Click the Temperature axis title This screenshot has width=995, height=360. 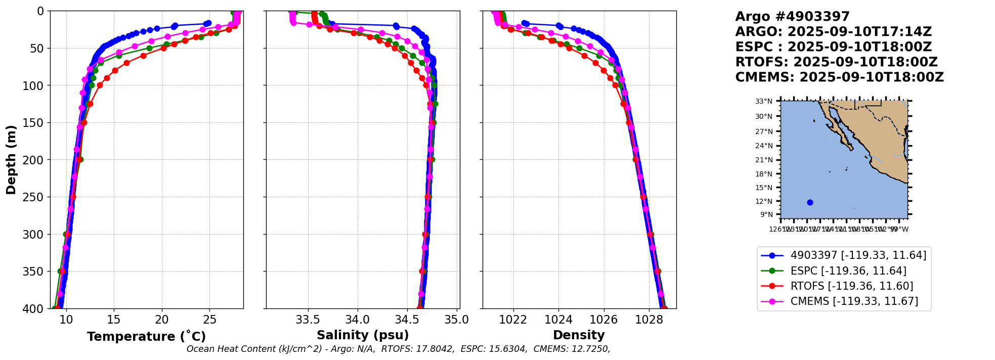146,337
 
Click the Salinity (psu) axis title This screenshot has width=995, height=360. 363,335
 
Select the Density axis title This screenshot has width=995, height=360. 579,335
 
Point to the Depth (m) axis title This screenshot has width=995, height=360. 11,160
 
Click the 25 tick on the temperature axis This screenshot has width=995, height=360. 209,320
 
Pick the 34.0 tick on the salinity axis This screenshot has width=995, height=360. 358,320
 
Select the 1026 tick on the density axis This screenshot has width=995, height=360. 603,320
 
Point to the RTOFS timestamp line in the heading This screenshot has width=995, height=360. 836,62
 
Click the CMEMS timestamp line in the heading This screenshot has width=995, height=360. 839,77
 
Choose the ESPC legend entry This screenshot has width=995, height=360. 848,271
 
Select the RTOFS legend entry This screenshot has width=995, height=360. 852,286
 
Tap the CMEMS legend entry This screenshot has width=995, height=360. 854,301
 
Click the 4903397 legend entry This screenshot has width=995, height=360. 858,255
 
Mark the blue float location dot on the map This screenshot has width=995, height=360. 810,202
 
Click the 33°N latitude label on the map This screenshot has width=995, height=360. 764,102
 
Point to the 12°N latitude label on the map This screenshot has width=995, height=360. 764,201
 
